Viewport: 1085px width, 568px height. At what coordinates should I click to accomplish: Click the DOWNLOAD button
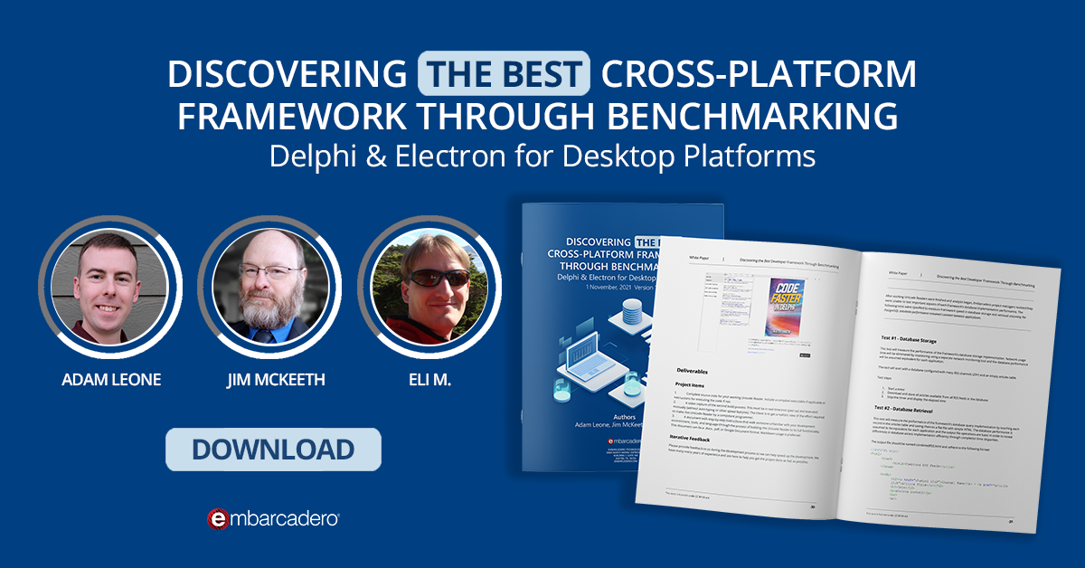coord(273,450)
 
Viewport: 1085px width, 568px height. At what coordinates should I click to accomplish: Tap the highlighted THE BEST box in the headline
coord(504,74)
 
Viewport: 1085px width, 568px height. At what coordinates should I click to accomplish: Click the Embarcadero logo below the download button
coord(273,518)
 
